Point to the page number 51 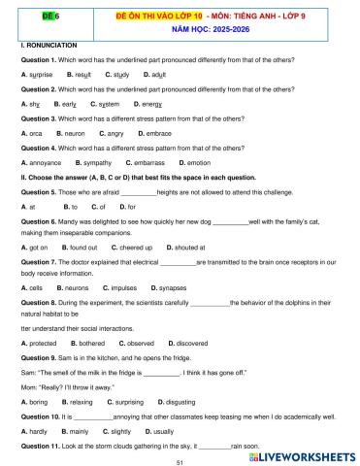(180, 463)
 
